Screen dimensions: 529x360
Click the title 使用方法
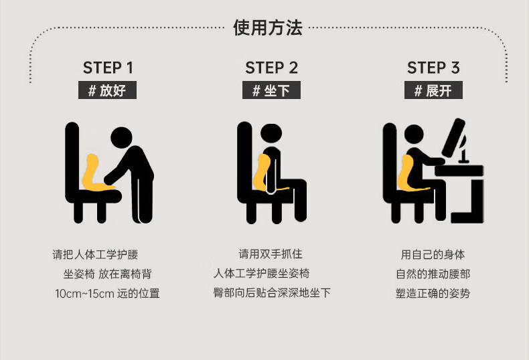tap(268, 27)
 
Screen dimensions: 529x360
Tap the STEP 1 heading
tap(108, 68)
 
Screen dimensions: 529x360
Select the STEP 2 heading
tap(272, 68)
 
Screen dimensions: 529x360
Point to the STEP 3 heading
tap(433, 68)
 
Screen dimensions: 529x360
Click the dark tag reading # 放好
tap(107, 90)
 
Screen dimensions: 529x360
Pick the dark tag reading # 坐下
tap(271, 90)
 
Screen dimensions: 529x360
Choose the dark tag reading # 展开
tap(433, 90)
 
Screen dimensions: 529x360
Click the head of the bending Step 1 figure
tap(121, 138)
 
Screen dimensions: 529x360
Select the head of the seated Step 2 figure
tap(271, 134)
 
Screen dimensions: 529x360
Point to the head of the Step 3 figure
tap(414, 134)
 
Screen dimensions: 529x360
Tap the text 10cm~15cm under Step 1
tap(84, 294)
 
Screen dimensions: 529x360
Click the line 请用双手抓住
tap(271, 254)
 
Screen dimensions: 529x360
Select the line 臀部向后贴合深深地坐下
tap(272, 292)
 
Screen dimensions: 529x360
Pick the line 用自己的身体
tap(433, 254)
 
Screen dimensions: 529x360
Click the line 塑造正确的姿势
tap(433, 293)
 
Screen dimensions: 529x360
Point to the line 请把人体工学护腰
tap(96, 254)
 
